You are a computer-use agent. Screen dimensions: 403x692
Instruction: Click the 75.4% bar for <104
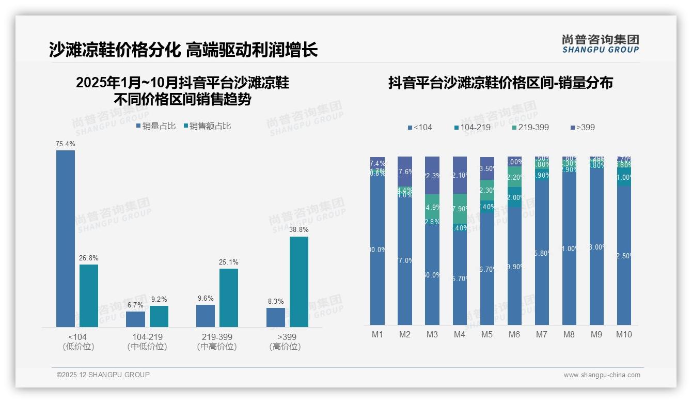[x=66, y=238]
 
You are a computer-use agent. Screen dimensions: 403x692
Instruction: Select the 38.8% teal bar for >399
[x=299, y=282]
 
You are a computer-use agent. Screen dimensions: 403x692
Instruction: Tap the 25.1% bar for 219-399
[x=229, y=298]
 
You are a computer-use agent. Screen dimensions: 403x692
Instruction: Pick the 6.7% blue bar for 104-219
[x=136, y=319]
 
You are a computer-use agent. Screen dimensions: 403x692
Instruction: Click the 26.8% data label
[x=88, y=258]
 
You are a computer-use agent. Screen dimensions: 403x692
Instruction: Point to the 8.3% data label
[x=276, y=302]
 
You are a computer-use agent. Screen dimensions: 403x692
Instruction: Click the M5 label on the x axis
[x=487, y=334]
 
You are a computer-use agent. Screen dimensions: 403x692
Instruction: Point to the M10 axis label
[x=624, y=334]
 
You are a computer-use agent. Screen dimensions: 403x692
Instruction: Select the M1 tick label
[x=378, y=334]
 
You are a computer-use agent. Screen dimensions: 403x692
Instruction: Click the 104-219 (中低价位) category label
[x=147, y=342]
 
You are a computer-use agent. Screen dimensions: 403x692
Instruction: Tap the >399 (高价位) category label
[x=285, y=342]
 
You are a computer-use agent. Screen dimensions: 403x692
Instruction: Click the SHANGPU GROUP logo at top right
[x=601, y=44]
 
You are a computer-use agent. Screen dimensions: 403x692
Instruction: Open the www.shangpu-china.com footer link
[x=602, y=375]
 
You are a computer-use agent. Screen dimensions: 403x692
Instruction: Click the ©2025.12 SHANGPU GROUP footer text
[x=103, y=375]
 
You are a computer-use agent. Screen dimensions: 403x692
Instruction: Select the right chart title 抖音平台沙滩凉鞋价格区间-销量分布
[x=500, y=83]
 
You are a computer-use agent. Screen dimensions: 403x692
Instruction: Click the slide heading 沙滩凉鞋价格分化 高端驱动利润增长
[x=183, y=50]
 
